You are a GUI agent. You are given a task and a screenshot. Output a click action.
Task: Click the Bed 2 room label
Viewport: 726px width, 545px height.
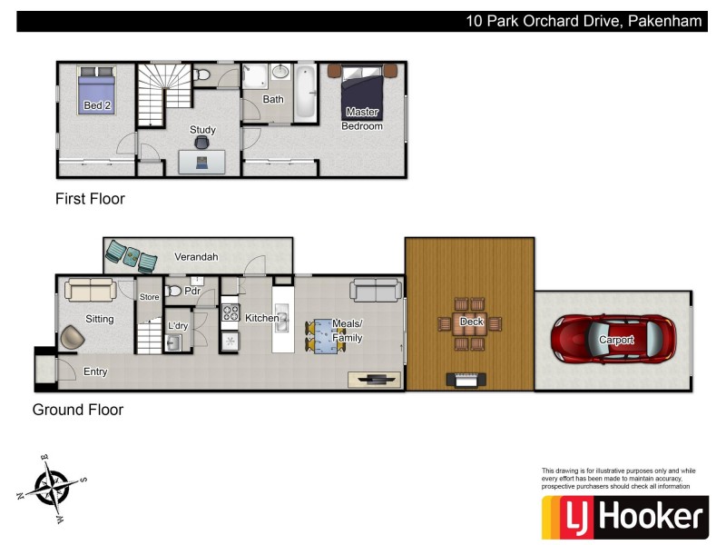pyautogui.click(x=93, y=106)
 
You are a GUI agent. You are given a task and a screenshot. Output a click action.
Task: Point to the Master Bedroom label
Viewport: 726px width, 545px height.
pyautogui.click(x=362, y=119)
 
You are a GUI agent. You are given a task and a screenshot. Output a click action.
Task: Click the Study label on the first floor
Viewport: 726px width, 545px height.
pyautogui.click(x=202, y=130)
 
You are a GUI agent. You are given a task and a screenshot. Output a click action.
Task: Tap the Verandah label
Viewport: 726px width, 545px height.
pyautogui.click(x=196, y=257)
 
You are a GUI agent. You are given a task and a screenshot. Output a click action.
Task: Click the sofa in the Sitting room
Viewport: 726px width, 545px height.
pyautogui.click(x=88, y=291)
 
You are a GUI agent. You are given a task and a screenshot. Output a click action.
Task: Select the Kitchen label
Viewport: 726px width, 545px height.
pyautogui.click(x=261, y=318)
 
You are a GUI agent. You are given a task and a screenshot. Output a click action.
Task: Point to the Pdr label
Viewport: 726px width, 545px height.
pyautogui.click(x=191, y=292)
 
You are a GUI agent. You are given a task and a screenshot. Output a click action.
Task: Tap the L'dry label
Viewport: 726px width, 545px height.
pyautogui.click(x=178, y=325)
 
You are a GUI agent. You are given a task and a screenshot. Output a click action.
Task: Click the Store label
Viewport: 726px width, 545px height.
pyautogui.click(x=149, y=297)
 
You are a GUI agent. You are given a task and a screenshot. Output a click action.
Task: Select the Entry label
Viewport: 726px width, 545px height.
pyautogui.click(x=95, y=372)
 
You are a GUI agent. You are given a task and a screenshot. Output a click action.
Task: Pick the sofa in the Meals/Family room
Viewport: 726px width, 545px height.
pyautogui.click(x=376, y=290)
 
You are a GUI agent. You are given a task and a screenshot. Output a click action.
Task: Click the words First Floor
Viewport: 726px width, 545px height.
pyautogui.click(x=90, y=199)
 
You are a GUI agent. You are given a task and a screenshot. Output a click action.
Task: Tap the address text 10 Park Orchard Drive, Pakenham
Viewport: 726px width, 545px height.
pyautogui.click(x=584, y=21)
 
